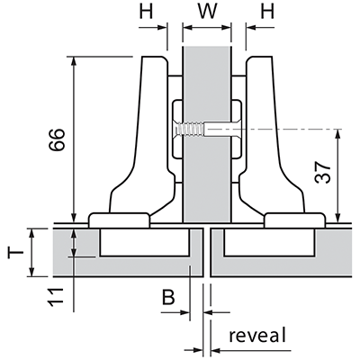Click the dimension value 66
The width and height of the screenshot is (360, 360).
tap(57, 139)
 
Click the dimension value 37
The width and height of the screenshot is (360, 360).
tap(322, 173)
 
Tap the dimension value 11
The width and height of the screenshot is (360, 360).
tap(57, 297)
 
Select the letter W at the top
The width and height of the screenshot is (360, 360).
tap(208, 12)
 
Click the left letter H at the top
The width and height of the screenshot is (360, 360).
tap(146, 12)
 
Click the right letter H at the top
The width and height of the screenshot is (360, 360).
tap(267, 12)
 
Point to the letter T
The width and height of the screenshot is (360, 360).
tap(16, 252)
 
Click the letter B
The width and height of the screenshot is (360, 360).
tap(168, 297)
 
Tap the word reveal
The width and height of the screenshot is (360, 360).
tap(257, 335)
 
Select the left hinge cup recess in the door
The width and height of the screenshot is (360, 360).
tap(145, 242)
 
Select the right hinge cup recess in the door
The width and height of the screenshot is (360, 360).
tap(269, 242)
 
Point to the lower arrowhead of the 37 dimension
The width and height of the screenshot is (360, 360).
tap(338, 217)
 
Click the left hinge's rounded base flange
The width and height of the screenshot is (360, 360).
tap(119, 220)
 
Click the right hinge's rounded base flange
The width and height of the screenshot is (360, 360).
tap(294, 220)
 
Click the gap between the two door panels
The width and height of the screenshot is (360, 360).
tap(207, 252)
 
